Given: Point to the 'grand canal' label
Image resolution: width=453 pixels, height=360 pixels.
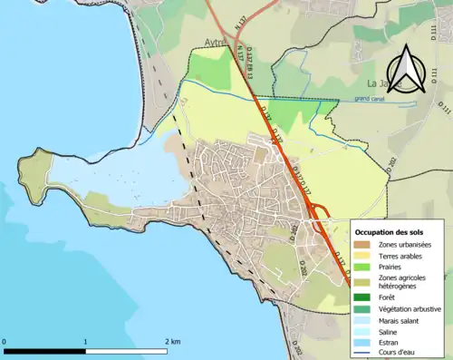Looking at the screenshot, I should [371, 98].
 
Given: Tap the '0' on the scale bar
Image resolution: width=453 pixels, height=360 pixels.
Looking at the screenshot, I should [6, 340].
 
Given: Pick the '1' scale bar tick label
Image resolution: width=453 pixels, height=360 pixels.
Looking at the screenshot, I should [85, 340].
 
